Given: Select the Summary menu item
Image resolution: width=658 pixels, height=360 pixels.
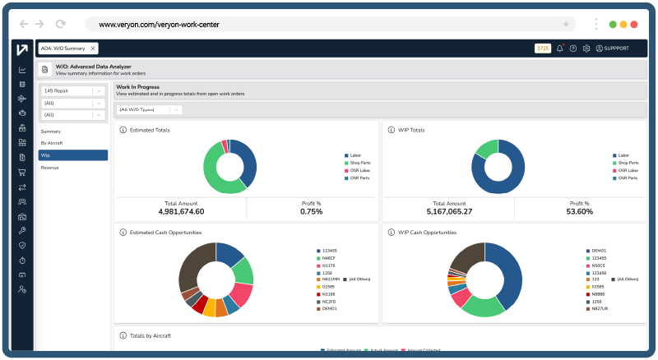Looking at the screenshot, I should pyautogui.click(x=51, y=131).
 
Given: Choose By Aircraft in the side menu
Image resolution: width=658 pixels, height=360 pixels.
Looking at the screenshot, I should pyautogui.click(x=53, y=143).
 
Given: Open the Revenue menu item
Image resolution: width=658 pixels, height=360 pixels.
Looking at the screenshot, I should pyautogui.click(x=51, y=168).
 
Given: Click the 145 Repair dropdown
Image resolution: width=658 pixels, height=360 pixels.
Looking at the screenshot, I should pyautogui.click(x=72, y=90).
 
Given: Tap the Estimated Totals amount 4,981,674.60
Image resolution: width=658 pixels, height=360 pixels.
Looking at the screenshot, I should pyautogui.click(x=181, y=211).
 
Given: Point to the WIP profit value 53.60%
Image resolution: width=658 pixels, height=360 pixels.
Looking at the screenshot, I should pyautogui.click(x=581, y=211).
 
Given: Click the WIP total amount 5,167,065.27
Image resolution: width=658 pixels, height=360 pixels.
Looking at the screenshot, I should pyautogui.click(x=449, y=211).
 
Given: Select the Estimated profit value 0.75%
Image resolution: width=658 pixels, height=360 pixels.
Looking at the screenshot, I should pyautogui.click(x=312, y=211).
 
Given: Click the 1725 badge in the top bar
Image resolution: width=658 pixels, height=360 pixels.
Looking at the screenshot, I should pyautogui.click(x=543, y=48).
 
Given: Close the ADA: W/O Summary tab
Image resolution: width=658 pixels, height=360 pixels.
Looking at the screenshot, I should pyautogui.click(x=93, y=48).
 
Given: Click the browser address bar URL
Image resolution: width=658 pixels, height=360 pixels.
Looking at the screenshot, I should pyautogui.click(x=159, y=25).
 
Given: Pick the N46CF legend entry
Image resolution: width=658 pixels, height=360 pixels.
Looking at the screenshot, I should pyautogui.click(x=328, y=258).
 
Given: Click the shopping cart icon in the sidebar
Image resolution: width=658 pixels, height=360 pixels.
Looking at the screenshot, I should pyautogui.click(x=22, y=172).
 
